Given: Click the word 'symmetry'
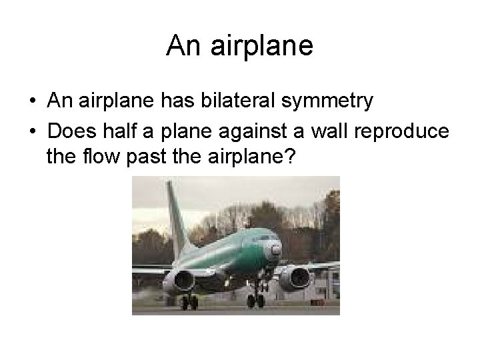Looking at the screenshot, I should point(331,103).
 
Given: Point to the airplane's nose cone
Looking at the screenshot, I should point(275,249).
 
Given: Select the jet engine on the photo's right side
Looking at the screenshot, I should point(297,276).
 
